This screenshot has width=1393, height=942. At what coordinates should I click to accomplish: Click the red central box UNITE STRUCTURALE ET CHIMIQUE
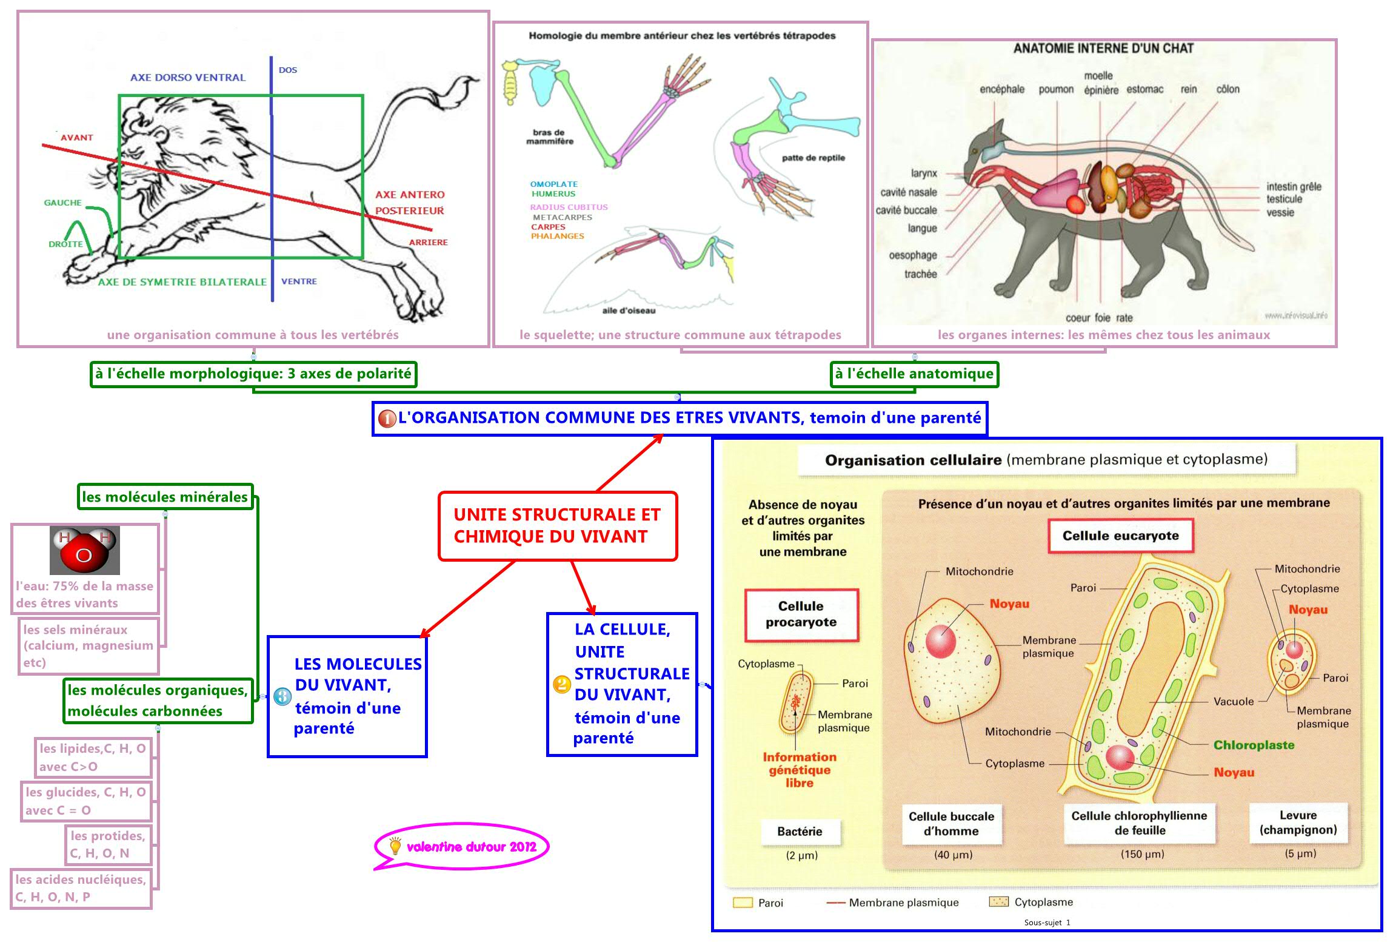pyautogui.click(x=557, y=525)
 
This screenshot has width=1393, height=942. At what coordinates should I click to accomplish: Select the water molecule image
pyautogui.click(x=84, y=550)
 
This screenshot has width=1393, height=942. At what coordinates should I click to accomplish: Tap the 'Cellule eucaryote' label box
pyautogui.click(x=1120, y=536)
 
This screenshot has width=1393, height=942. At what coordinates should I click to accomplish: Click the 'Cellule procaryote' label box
pyautogui.click(x=801, y=614)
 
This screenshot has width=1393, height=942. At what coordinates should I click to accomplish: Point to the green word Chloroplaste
pyautogui.click(x=1254, y=745)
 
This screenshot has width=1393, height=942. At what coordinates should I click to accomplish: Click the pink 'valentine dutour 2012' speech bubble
pyautogui.click(x=462, y=847)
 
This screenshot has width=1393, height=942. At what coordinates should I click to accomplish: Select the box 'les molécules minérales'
pyautogui.click(x=164, y=497)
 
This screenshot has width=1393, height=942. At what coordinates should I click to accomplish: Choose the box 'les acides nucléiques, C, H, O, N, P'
pyautogui.click(x=81, y=888)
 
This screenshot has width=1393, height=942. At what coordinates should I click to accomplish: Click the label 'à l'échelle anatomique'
pyautogui.click(x=914, y=374)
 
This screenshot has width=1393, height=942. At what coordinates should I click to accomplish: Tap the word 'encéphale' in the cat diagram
pyautogui.click(x=1001, y=89)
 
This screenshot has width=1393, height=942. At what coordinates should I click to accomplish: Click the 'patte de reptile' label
pyautogui.click(x=813, y=158)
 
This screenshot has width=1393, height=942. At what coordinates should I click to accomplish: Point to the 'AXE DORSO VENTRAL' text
pyautogui.click(x=188, y=78)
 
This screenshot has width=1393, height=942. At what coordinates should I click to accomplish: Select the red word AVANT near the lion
pyautogui.click(x=77, y=138)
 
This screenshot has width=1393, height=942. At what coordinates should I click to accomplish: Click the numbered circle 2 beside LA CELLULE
pyautogui.click(x=562, y=684)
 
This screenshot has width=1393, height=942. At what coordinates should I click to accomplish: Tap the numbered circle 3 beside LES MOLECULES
pyautogui.click(x=282, y=696)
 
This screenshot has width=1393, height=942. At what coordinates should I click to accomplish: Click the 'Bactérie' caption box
pyautogui.click(x=800, y=832)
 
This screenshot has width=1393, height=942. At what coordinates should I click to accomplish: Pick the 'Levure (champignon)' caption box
pyautogui.click(x=1298, y=823)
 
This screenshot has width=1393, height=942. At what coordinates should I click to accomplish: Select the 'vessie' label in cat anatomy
pyautogui.click(x=1280, y=213)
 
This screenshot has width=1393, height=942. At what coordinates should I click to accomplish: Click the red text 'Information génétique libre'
pyautogui.click(x=799, y=770)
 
